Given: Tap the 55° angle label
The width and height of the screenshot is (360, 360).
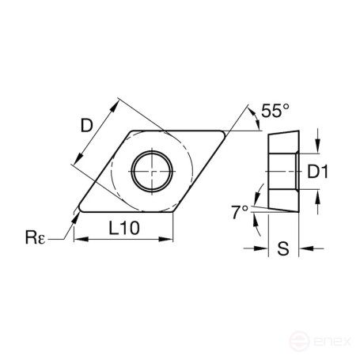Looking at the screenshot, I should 270,112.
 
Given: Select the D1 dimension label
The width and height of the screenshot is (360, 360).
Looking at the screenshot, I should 316,170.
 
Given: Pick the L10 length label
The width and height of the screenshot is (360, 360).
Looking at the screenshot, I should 123,228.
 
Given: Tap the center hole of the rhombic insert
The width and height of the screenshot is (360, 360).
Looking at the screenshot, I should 150,168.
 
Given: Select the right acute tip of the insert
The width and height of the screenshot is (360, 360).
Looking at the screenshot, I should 227,131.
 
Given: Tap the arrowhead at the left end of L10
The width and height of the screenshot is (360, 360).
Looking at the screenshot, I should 78,238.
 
